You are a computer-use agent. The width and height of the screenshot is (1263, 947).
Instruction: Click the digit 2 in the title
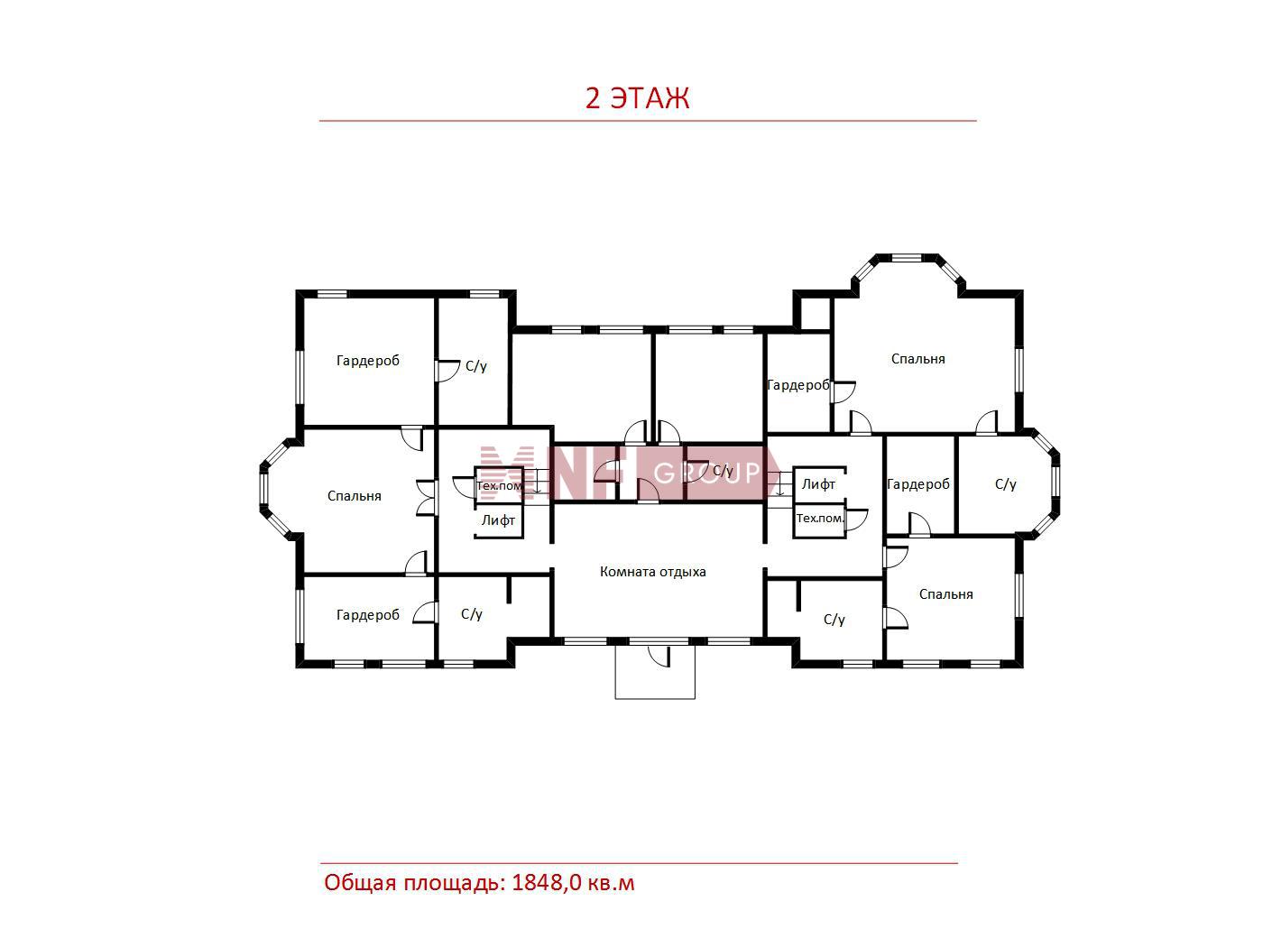593,99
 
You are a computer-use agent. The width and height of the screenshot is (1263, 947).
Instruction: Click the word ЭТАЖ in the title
649,99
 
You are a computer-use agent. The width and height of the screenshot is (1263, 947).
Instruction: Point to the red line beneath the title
648,121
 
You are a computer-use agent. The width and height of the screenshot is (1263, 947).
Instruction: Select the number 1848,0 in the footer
548,883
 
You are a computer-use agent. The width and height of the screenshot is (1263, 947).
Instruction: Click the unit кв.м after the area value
611,884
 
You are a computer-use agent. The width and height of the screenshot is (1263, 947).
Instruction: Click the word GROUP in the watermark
706,473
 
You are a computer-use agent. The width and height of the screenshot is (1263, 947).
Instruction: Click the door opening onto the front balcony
659,656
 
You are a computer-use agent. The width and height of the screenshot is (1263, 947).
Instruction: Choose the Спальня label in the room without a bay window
945,594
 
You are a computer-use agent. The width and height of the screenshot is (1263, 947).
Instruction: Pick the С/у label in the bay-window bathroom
1005,484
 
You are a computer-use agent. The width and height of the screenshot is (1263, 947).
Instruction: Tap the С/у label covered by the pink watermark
723,471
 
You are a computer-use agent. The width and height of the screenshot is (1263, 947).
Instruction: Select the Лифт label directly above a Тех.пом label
818,484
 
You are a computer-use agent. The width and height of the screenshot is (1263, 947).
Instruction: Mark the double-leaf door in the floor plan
426,497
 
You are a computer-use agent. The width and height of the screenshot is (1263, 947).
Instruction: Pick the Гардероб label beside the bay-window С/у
918,484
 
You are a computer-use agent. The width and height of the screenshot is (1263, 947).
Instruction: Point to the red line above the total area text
639,863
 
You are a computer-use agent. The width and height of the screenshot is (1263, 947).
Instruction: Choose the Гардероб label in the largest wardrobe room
368,361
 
